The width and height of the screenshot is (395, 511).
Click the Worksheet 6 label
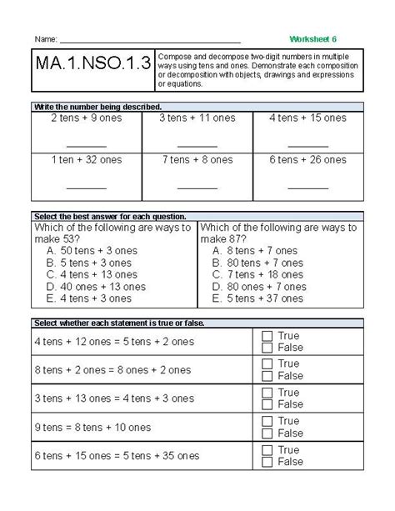coord(313,39)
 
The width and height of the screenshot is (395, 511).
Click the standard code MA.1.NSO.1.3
coord(93,66)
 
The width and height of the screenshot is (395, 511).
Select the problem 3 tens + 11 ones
coord(197,118)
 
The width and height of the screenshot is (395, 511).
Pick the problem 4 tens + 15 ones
coord(307,118)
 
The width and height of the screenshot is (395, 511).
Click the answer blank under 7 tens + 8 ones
coord(197,187)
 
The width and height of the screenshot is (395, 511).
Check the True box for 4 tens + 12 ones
coord(267,336)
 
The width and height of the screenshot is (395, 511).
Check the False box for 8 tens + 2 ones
coord(267,376)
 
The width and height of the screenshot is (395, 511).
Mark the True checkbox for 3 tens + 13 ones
coord(267,393)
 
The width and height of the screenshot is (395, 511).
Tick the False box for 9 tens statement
coord(267,433)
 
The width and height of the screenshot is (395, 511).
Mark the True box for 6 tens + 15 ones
coord(267,449)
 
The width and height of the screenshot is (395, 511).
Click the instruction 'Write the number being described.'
coord(97,107)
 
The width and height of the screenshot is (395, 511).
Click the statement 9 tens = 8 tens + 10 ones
coord(92,427)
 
